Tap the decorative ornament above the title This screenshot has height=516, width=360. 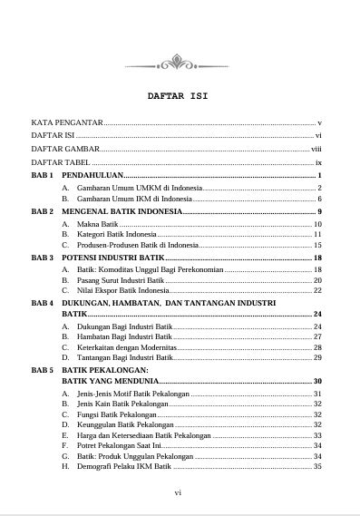(179, 63)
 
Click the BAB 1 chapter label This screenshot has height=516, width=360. (43, 174)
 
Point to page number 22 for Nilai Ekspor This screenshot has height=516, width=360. (317, 291)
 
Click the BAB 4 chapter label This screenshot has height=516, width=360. (43, 302)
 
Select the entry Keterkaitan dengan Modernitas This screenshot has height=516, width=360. (126, 347)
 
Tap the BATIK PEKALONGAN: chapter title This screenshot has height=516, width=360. (104, 371)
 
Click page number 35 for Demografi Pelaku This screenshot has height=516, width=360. (317, 467)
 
